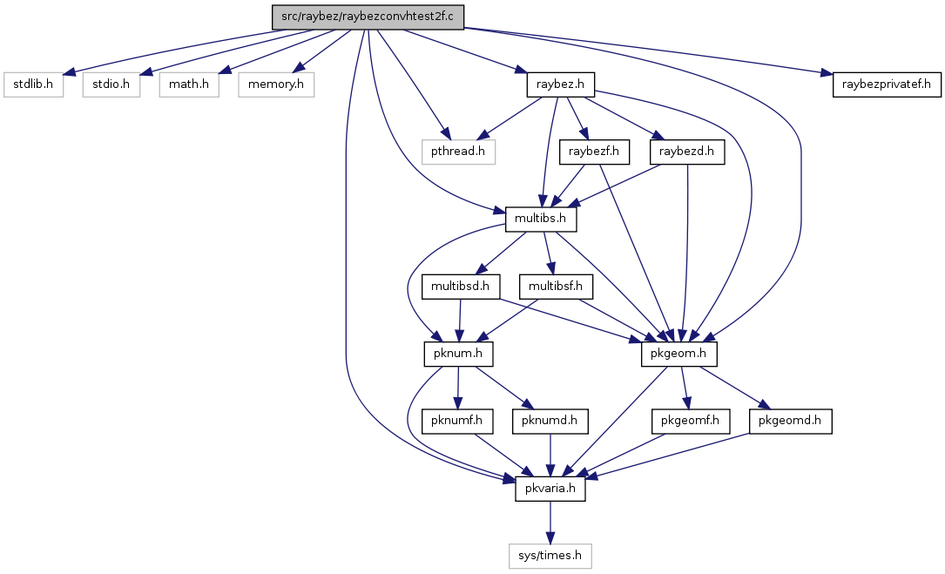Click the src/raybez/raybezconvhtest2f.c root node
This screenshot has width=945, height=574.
coord(368,17)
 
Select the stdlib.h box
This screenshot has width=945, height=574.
coord(33,84)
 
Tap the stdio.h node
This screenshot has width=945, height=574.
coord(111,84)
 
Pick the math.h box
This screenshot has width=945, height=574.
coord(189,84)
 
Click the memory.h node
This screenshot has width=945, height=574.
coord(276,84)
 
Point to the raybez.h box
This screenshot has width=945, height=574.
coord(561,84)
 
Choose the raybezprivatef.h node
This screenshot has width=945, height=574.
coord(888,84)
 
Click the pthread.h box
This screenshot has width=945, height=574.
coord(457,152)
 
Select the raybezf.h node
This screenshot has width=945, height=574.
coord(594,152)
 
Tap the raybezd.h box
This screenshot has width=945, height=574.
coord(686,152)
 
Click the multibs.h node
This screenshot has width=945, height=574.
coord(541,219)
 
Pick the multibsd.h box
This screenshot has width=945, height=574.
coord(461,287)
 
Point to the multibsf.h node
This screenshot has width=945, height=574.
coord(556,287)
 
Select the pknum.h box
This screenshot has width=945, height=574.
coord(458,354)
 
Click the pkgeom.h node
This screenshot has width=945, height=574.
coord(679,354)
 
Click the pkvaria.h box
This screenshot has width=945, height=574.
coord(550,489)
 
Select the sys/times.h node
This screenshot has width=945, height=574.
coord(550,556)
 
